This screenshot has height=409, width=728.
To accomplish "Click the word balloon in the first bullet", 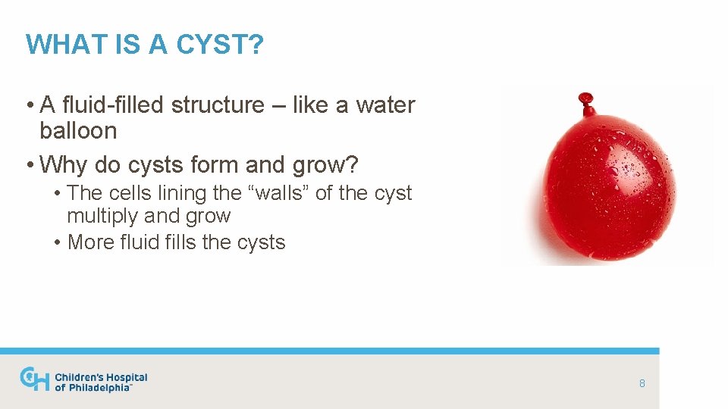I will click(x=78, y=131).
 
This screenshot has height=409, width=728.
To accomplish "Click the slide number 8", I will click(x=642, y=383).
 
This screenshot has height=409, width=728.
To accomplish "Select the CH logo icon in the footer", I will click(x=34, y=379).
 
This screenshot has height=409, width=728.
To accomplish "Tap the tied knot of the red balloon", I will click(x=586, y=99).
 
